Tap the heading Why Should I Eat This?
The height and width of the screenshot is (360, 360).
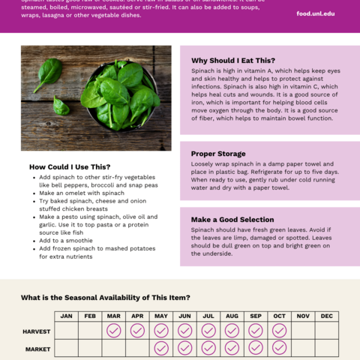click(x=232, y=61)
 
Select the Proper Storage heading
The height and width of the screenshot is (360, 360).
click(x=219, y=154)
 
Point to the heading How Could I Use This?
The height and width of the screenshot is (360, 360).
click(x=70, y=166)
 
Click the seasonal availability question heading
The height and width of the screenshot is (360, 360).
click(x=105, y=298)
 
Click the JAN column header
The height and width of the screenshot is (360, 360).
click(x=66, y=316)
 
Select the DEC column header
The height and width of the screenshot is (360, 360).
click(x=326, y=316)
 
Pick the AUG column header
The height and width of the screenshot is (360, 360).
click(x=232, y=316)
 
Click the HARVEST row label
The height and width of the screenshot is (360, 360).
click(x=37, y=331)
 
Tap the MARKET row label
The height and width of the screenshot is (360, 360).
click(x=37, y=349)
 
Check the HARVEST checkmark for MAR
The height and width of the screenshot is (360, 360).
click(x=113, y=331)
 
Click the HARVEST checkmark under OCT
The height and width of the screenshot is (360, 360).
click(x=279, y=331)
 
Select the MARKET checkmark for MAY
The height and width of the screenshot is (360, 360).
click(x=161, y=348)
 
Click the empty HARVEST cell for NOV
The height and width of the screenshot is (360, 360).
click(x=303, y=331)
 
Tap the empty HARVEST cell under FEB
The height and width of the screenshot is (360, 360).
click(x=90, y=331)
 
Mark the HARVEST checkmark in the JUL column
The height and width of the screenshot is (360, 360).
click(x=208, y=331)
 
